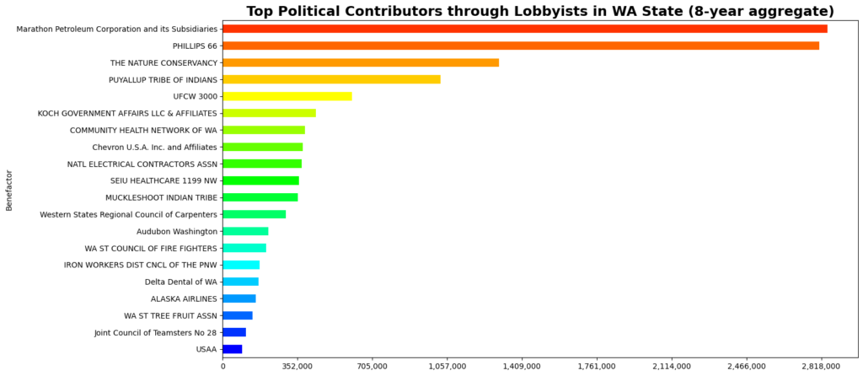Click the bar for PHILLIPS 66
521,46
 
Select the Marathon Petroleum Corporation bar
524,29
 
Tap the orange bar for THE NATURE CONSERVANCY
361,62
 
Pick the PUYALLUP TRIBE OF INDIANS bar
331,79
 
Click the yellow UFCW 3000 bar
287,96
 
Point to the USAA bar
233,349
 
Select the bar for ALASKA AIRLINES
239,298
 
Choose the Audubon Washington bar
245,231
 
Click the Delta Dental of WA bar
240,282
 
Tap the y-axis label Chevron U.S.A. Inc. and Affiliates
167,147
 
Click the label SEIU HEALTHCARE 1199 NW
163,180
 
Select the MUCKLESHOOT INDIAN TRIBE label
162,197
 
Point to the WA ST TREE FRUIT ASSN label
170,315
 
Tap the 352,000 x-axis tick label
297,366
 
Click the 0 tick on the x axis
222,366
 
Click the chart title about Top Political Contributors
540,11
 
